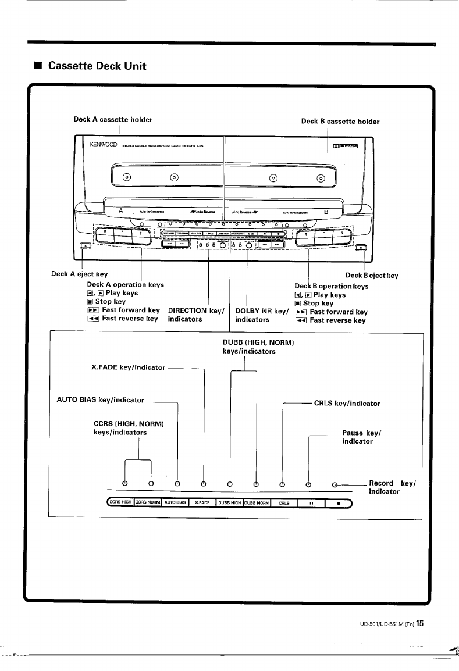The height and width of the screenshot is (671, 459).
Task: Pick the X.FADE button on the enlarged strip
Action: pos(202,503)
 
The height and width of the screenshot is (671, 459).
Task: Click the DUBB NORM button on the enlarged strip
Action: pos(257,503)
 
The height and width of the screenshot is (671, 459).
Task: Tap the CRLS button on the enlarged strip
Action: pos(284,503)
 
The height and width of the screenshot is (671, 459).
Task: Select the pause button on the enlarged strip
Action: pos(311,503)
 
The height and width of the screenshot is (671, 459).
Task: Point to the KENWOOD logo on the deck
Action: pos(104,143)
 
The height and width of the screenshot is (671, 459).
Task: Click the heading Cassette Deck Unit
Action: pos(97,66)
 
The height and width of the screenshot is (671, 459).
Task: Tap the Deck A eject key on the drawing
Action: pos(86,247)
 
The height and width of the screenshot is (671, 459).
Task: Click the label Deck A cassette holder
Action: pos(113,120)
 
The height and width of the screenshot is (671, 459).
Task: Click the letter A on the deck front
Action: pos(120,211)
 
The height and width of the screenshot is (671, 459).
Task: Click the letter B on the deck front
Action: pos(326,212)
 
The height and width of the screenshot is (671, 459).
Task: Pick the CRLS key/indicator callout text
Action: pos(347,403)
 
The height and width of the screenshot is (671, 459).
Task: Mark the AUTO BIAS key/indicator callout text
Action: pos(100,400)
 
